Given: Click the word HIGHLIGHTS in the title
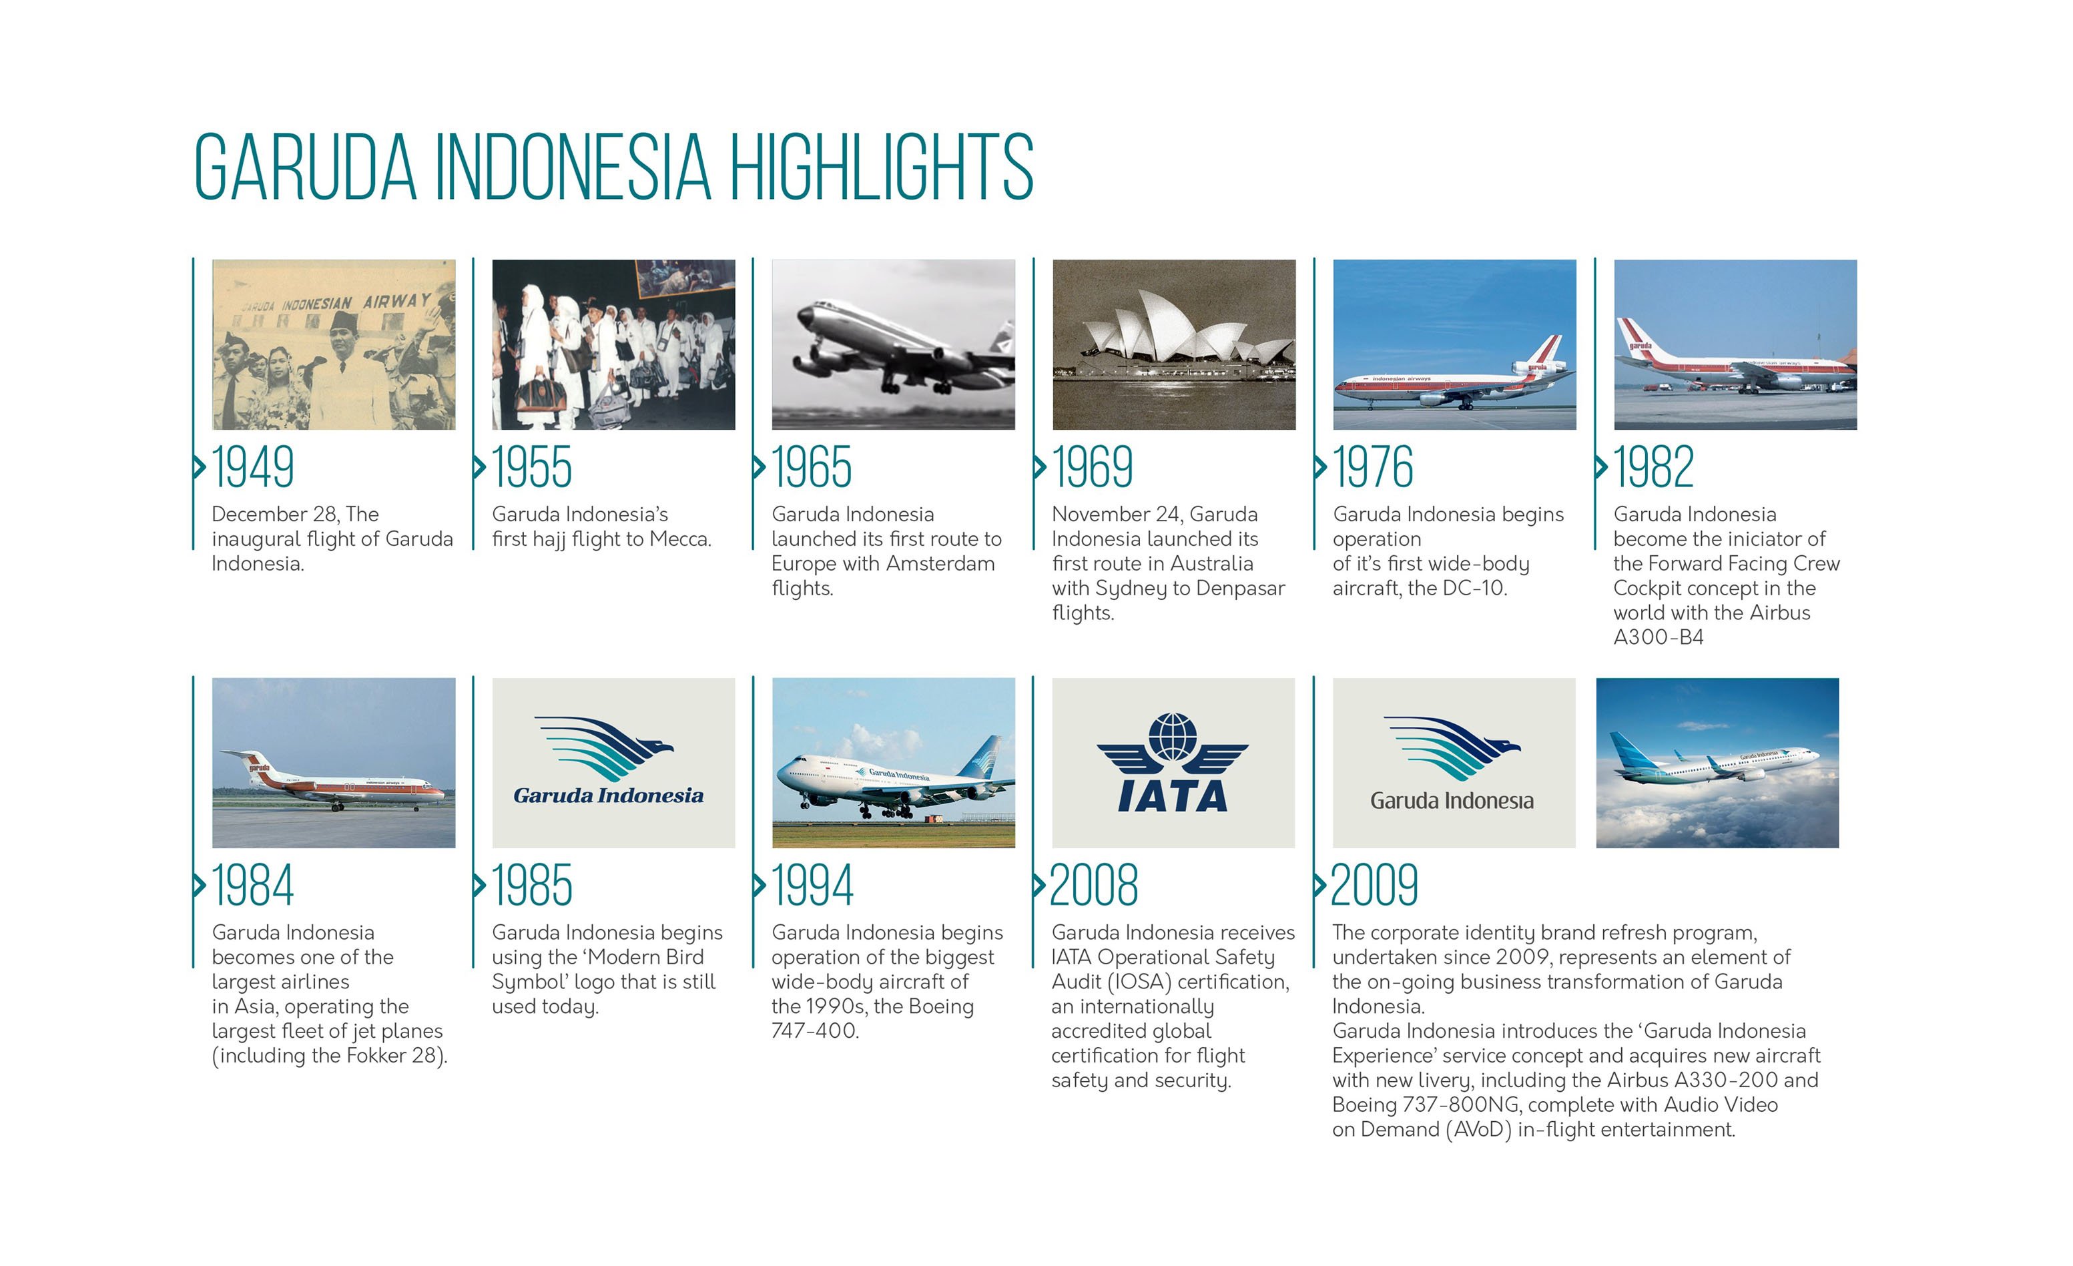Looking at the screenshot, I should click(x=881, y=167).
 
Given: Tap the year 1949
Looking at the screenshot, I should click(x=252, y=468).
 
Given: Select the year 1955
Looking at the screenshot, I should click(x=532, y=468).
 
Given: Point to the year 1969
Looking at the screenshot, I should click(x=1092, y=468).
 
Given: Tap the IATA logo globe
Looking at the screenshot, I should click(x=1172, y=736).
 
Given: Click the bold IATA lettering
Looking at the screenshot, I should click(x=1172, y=796).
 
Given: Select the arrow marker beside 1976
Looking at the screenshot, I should click(x=1320, y=467).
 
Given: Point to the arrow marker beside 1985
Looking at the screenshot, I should click(x=480, y=885).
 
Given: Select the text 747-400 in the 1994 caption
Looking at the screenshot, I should click(x=814, y=1031).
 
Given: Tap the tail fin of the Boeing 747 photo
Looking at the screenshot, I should click(x=984, y=756).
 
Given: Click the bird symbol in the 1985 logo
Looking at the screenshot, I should click(x=606, y=746).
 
